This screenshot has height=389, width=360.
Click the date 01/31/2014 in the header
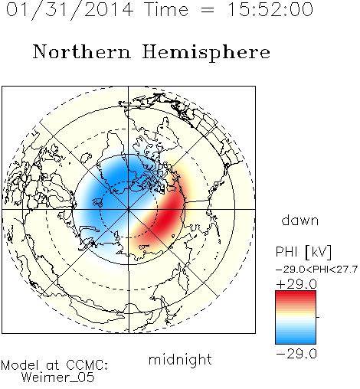[x=70, y=10]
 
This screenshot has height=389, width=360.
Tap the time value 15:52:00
[x=270, y=9]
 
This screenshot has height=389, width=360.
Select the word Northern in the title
[x=82, y=51]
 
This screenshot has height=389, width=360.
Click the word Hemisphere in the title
[x=206, y=53]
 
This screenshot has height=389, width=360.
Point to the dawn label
[x=300, y=220]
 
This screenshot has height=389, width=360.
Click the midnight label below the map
[x=180, y=359]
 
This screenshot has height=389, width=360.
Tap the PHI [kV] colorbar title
[x=303, y=252]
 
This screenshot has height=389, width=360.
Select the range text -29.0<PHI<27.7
[x=316, y=270]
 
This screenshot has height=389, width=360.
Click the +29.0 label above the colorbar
[x=296, y=284]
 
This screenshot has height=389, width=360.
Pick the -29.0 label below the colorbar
[x=296, y=354]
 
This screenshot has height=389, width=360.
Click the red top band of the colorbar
[x=296, y=296]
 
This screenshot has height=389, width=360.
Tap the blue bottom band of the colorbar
[x=296, y=338]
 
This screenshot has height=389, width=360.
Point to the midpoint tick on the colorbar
[x=318, y=317]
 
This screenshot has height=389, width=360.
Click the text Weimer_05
[x=58, y=378]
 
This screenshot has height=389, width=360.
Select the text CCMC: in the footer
[x=87, y=364]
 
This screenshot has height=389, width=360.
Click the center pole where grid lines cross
[x=129, y=210]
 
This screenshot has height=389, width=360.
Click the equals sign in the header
[x=207, y=10]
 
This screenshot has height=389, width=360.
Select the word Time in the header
[x=166, y=9]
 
